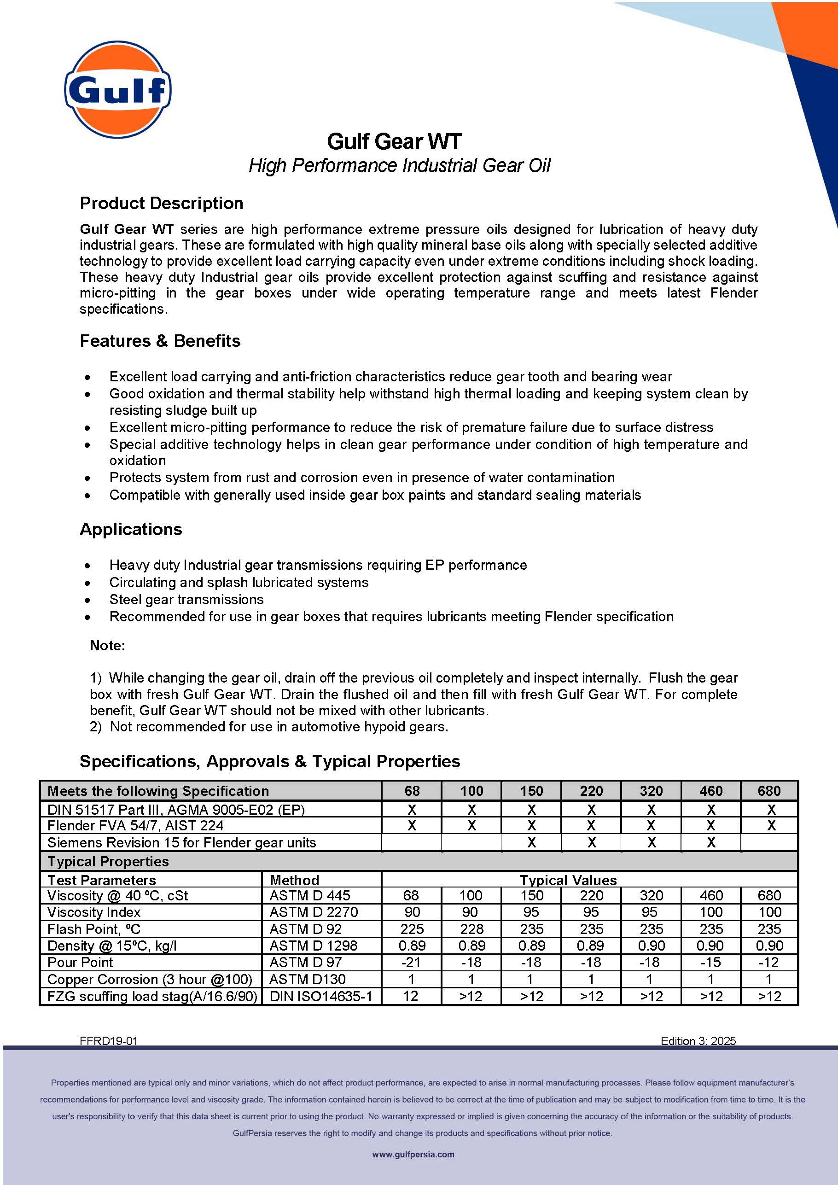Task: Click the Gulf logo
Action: click(118, 90)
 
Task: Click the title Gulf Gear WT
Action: click(394, 141)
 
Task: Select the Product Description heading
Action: click(162, 204)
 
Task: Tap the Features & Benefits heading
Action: click(160, 341)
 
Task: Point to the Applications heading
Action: click(131, 530)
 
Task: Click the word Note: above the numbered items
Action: click(107, 646)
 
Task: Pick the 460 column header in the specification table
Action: click(710, 791)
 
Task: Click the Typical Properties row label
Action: click(108, 861)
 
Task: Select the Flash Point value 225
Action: click(412, 929)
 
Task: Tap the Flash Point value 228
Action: click(471, 929)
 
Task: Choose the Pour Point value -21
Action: click(411, 962)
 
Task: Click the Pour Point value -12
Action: click(769, 962)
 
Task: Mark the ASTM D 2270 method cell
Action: click(313, 912)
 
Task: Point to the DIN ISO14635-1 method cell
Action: click(320, 996)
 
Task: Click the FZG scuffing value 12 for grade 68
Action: click(411, 996)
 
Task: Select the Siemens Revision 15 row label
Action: click(181, 843)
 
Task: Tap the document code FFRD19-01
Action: click(108, 1041)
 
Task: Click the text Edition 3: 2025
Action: click(698, 1041)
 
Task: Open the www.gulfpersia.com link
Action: click(413, 1155)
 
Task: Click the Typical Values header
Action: click(568, 880)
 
